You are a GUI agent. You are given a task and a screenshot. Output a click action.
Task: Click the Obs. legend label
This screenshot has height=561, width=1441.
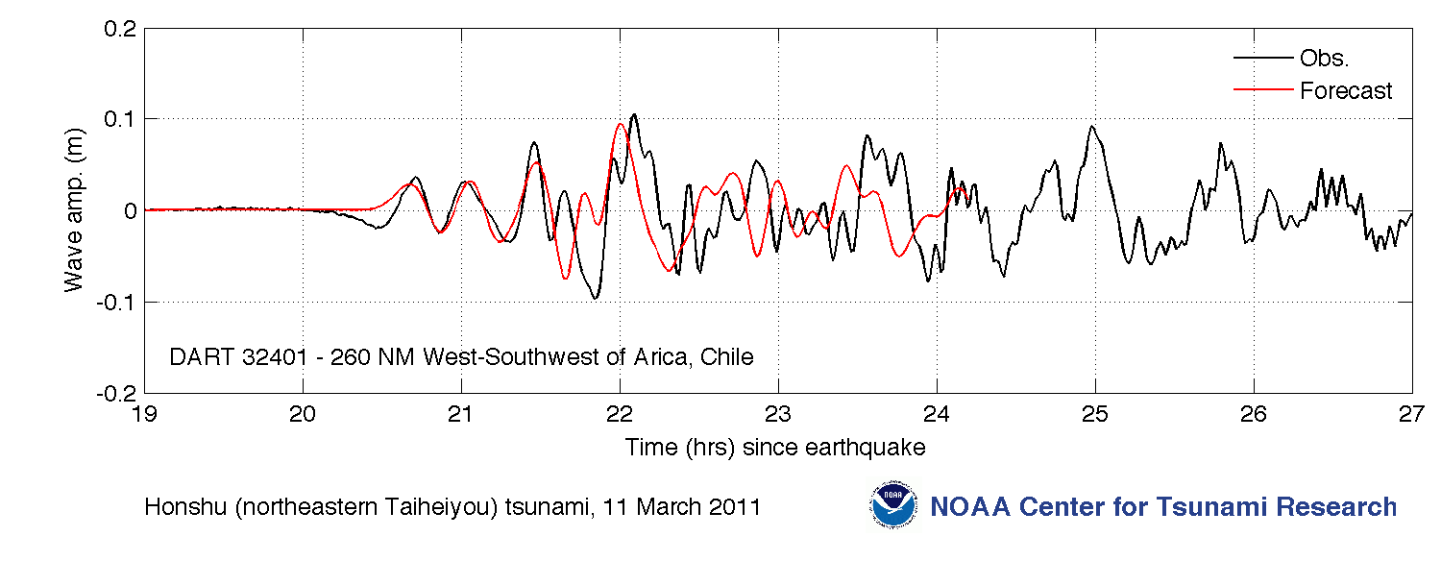[1324, 58]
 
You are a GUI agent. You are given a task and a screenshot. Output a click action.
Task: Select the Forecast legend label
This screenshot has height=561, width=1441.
[1346, 90]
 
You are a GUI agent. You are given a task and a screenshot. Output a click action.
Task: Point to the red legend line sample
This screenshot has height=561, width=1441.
[1263, 89]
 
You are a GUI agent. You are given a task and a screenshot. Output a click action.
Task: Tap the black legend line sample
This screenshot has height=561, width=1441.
[1263, 58]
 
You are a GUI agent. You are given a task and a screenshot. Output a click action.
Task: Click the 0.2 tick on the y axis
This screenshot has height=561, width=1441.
[120, 29]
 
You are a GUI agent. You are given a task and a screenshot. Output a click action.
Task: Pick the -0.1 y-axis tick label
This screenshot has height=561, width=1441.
[116, 303]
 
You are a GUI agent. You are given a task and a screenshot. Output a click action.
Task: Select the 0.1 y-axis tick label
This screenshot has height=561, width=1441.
[120, 120]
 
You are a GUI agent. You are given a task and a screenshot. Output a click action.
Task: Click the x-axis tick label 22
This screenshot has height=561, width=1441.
[620, 414]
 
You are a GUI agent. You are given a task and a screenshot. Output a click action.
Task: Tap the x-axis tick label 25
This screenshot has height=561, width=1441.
[1095, 414]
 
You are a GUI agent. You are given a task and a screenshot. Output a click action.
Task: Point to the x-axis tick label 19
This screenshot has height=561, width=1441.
[144, 414]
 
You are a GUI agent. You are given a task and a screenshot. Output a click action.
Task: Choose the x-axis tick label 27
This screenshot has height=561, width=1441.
[1411, 414]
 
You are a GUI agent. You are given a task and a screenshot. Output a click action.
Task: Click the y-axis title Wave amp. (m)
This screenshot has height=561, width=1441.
[74, 210]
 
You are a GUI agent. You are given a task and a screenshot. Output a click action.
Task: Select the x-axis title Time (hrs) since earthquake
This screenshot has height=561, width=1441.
[775, 447]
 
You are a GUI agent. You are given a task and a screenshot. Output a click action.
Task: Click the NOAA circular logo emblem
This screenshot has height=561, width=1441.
[892, 505]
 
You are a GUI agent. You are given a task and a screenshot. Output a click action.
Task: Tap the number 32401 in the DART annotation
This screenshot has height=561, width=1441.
[275, 357]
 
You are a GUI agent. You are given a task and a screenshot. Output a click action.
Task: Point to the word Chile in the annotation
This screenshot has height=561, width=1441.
[727, 357]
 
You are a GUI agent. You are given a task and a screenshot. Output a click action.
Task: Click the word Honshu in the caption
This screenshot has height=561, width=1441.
[186, 507]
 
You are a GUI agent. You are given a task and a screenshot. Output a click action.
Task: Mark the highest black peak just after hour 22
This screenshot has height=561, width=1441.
[634, 114]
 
